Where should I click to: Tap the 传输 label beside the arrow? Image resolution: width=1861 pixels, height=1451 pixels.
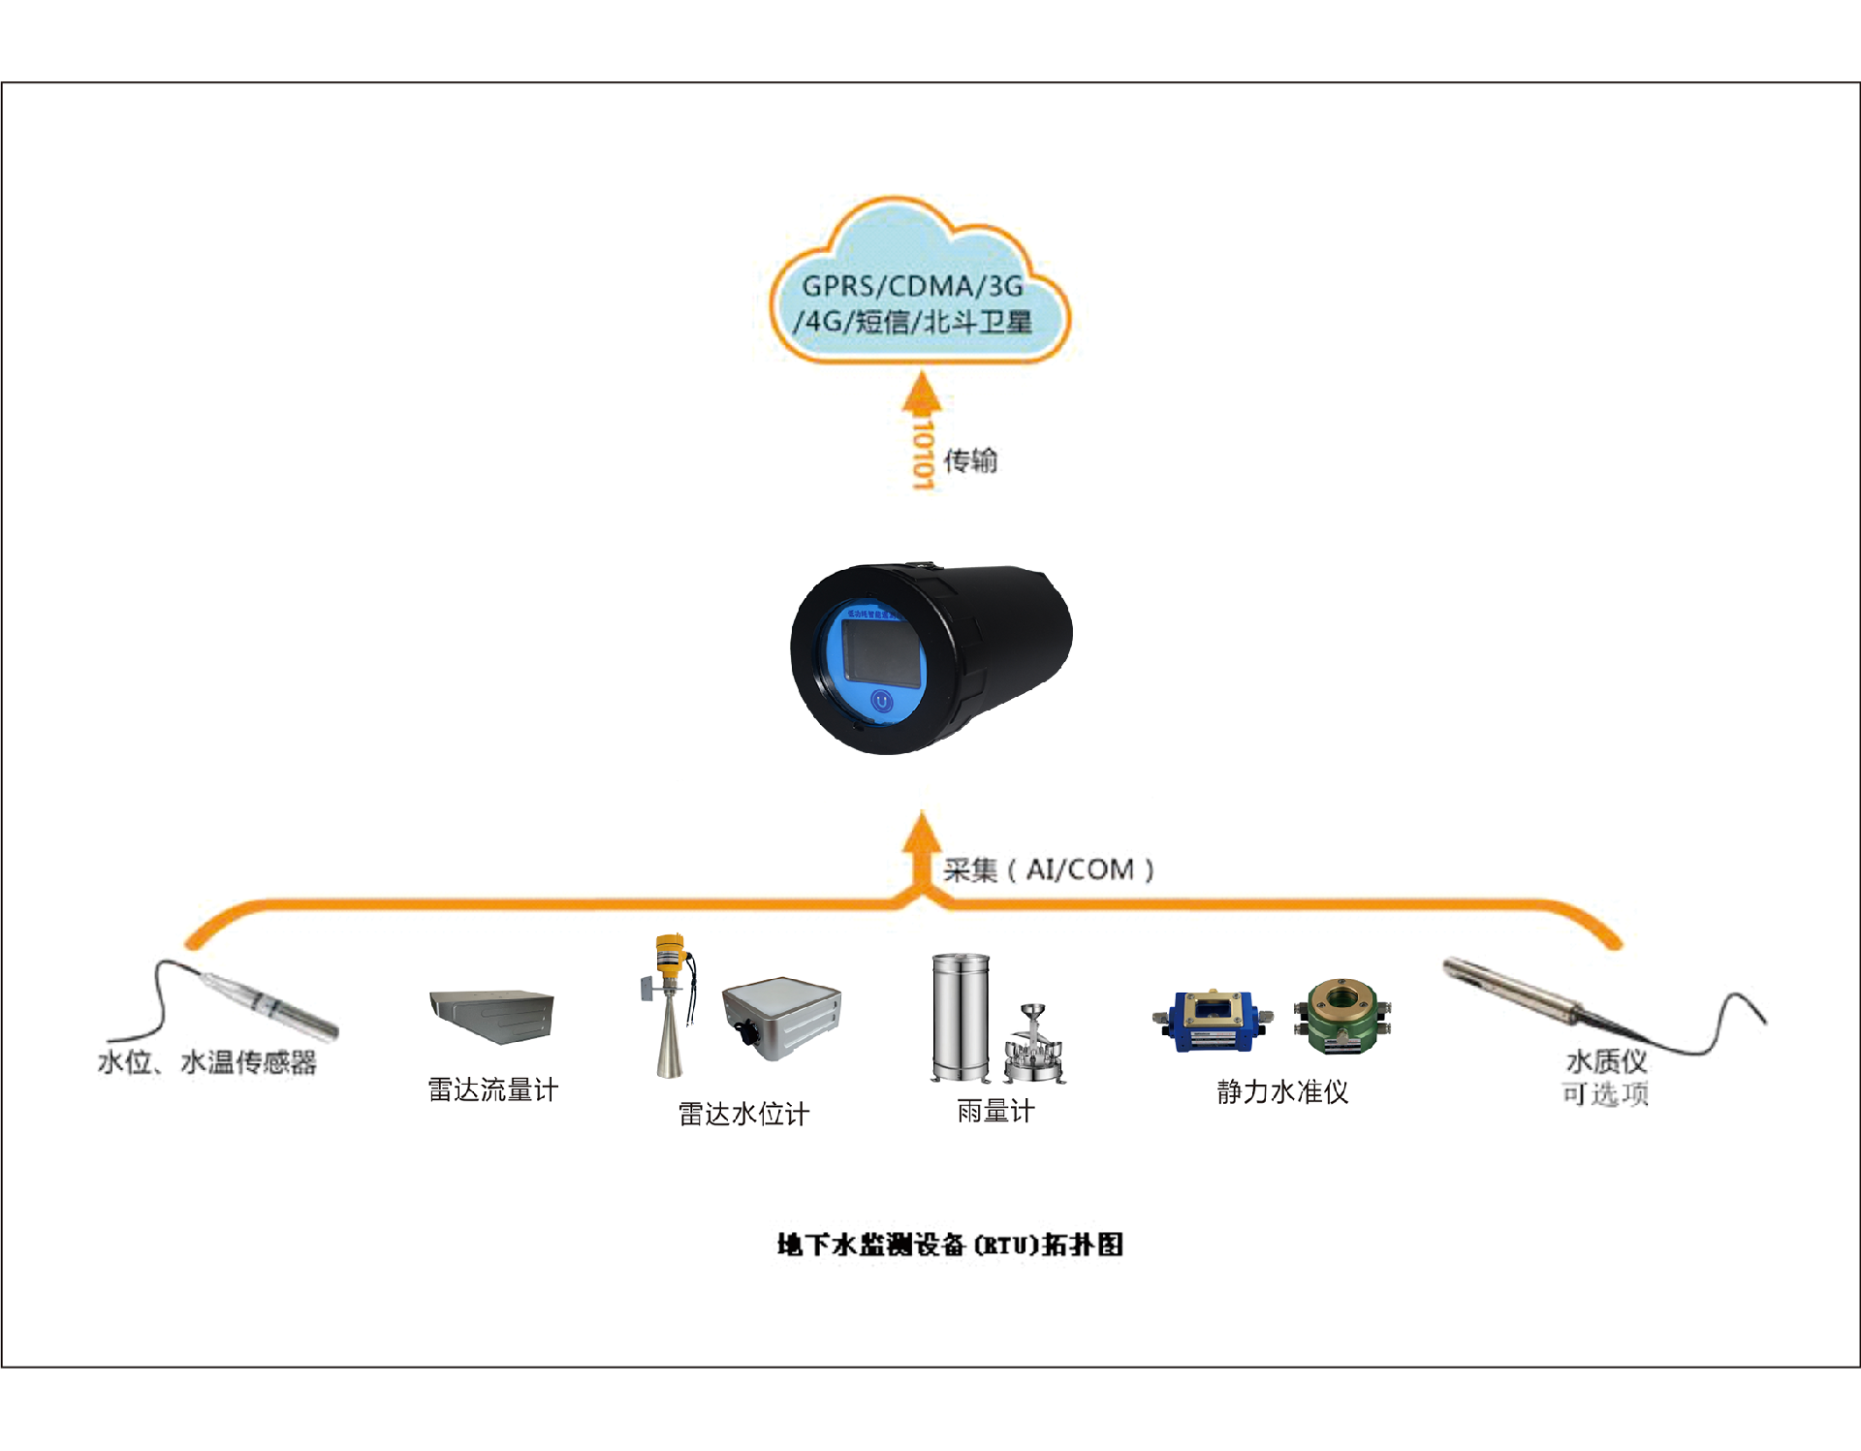tap(970, 460)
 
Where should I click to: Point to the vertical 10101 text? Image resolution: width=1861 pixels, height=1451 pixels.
tap(923, 454)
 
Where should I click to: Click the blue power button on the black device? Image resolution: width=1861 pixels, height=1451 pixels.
tap(881, 700)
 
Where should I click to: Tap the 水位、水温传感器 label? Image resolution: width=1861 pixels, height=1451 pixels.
tap(207, 1062)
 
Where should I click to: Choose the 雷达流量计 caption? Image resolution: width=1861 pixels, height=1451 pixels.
tap(493, 1089)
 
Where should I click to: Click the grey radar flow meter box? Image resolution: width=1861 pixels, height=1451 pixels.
tap(492, 1015)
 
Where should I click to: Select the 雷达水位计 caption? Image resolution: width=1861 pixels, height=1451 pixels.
tap(743, 1114)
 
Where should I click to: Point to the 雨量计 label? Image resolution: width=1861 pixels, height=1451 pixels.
tap(995, 1111)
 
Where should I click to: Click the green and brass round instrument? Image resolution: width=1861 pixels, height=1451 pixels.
tap(1342, 1015)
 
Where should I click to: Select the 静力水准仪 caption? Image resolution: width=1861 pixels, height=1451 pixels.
tap(1282, 1092)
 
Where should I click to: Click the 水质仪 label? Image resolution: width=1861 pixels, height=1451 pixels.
tap(1606, 1061)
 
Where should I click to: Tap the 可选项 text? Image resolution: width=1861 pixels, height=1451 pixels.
tap(1605, 1094)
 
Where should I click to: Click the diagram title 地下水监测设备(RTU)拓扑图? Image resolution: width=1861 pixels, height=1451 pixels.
tap(950, 1245)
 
